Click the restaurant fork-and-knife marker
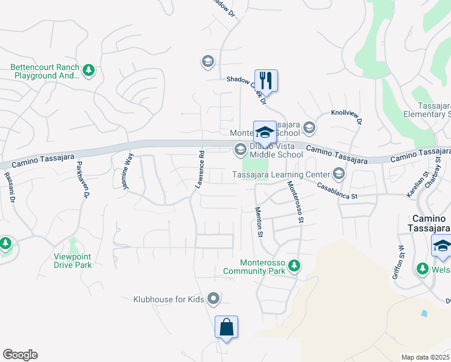coord(265,80)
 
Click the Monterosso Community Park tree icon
coord(294,265)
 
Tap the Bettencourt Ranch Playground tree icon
coord(89,71)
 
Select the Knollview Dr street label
coord(346,116)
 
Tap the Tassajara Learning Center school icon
coord(338,175)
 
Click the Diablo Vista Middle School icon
coord(239,150)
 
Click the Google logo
coord(20,355)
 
